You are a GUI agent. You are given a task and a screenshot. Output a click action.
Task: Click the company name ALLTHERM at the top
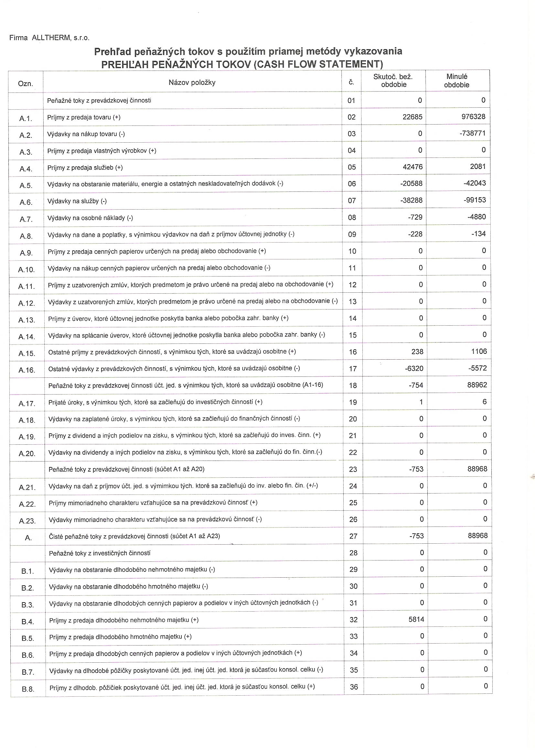click(x=51, y=38)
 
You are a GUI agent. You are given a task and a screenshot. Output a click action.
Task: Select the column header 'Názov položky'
click(x=192, y=82)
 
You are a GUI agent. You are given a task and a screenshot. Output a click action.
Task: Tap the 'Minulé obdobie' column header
click(x=456, y=81)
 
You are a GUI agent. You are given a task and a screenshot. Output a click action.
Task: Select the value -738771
click(x=472, y=133)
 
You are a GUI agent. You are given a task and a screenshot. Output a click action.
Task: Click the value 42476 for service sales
click(x=412, y=167)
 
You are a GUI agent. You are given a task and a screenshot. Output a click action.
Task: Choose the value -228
click(x=415, y=234)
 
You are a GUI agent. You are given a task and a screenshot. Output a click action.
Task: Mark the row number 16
click(x=352, y=352)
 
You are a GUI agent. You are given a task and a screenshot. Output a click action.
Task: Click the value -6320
click(x=414, y=368)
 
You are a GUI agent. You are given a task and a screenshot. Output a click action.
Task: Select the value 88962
click(x=477, y=385)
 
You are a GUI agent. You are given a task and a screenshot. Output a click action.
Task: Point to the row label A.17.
click(x=27, y=404)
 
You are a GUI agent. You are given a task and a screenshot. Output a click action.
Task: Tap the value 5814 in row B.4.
click(x=416, y=620)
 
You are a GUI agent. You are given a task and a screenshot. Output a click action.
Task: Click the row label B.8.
click(x=28, y=689)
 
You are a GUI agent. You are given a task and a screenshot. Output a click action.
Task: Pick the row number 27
click(x=353, y=536)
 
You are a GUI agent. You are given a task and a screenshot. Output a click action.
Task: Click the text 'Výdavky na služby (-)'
click(x=77, y=201)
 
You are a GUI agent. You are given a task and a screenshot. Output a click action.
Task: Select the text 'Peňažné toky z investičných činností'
click(x=100, y=553)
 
